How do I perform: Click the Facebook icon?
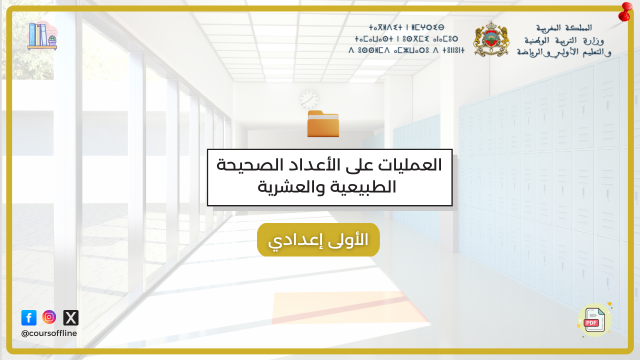click(29, 317)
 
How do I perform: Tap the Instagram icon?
click(49, 317)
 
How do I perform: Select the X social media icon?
click(71, 317)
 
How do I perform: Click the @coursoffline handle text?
click(49, 333)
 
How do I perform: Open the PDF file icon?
click(594, 319)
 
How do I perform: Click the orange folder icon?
click(323, 123)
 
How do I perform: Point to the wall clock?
click(309, 99)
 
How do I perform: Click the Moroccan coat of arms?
click(491, 39)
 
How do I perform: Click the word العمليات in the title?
click(410, 165)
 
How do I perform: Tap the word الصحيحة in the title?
click(242, 165)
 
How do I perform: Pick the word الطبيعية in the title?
click(361, 187)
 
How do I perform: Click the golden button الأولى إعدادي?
click(318, 239)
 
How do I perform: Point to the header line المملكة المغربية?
click(564, 27)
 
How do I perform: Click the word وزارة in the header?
click(593, 41)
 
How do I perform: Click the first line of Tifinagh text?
click(406, 27)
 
